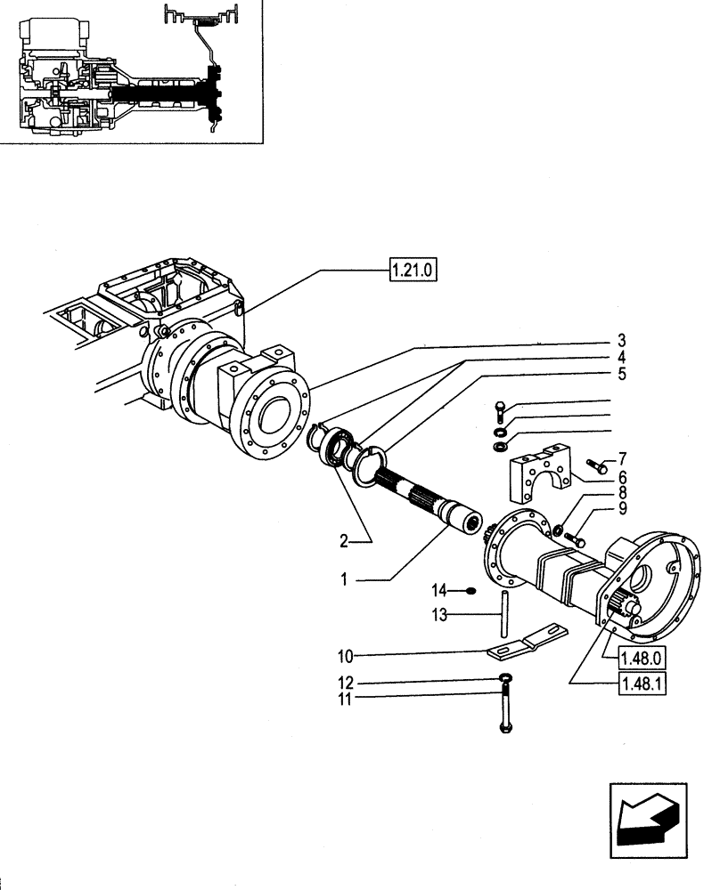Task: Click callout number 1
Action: [344, 578]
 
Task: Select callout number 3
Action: [620, 341]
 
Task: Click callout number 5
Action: [620, 374]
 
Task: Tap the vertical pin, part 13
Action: [505, 613]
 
